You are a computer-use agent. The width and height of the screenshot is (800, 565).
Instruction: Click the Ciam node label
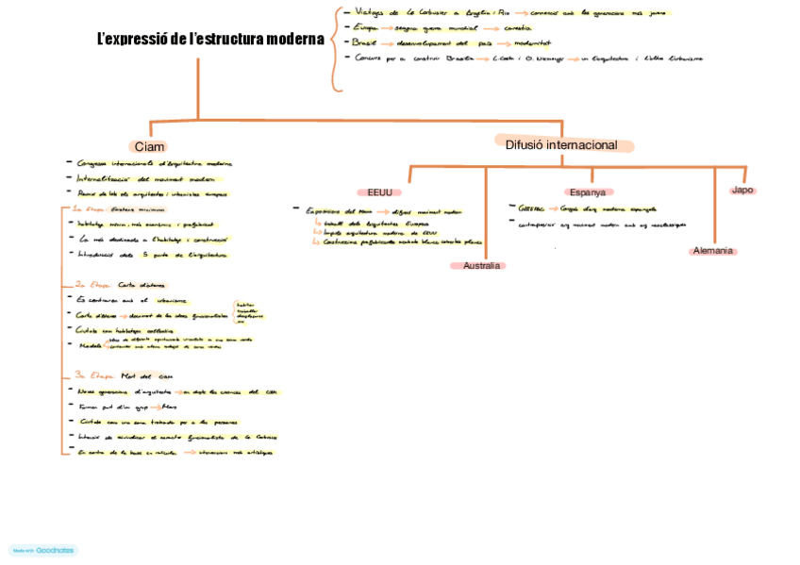(x=149, y=146)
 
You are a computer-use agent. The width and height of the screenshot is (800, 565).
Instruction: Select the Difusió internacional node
(x=561, y=145)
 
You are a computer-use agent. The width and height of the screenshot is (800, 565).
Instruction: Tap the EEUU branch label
(x=380, y=191)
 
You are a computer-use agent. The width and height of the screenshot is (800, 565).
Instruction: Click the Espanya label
(x=587, y=191)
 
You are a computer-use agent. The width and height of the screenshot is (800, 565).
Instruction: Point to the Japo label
(x=742, y=190)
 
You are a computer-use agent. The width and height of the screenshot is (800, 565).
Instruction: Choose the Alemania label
(x=712, y=251)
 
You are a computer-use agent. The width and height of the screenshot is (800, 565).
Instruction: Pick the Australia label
(x=481, y=266)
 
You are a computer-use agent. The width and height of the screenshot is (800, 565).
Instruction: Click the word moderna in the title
(x=290, y=40)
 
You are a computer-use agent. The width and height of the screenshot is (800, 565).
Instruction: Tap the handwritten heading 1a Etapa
(x=89, y=208)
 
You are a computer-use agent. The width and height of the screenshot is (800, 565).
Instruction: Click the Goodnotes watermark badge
(x=43, y=550)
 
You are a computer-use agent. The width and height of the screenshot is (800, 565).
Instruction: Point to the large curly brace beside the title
(x=335, y=49)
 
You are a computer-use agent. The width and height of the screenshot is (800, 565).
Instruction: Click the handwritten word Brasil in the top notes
(x=364, y=42)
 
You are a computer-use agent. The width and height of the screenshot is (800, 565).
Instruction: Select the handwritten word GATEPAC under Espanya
(x=531, y=208)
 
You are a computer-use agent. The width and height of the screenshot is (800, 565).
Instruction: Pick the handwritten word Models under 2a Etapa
(x=91, y=345)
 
